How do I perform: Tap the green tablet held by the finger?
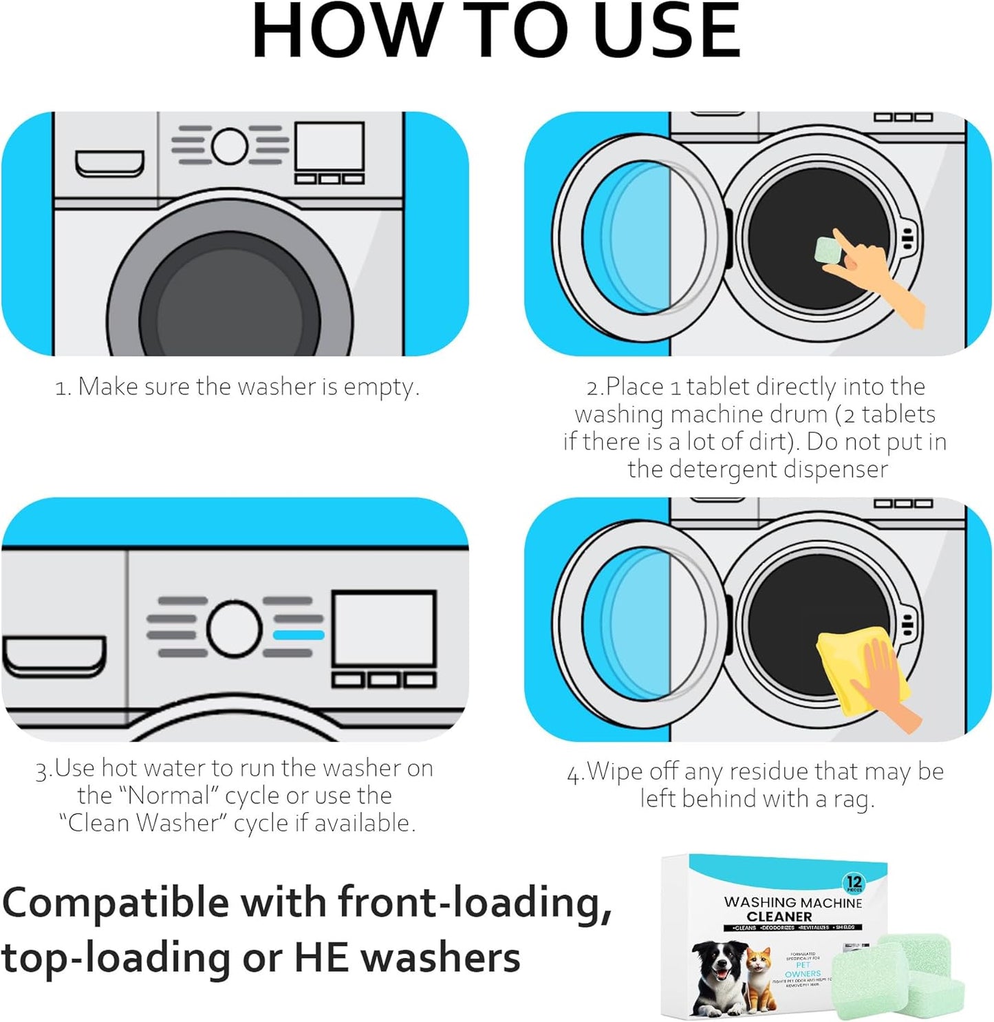coord(827,250)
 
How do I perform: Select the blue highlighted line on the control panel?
coord(298,635)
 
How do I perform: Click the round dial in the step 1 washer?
coord(229,145)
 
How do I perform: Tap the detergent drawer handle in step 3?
coord(54,657)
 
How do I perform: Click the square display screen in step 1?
coord(329,146)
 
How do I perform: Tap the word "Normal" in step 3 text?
coord(169,796)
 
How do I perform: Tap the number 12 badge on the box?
coord(854,882)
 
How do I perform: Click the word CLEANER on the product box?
coord(779,917)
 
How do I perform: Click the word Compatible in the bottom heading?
coord(116,903)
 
